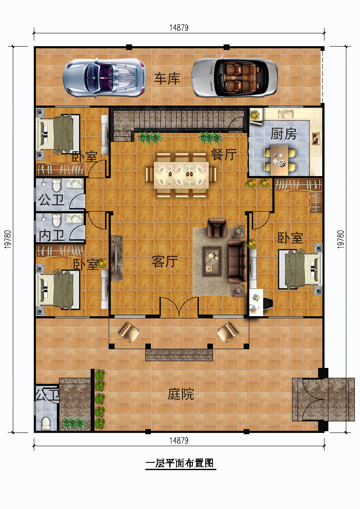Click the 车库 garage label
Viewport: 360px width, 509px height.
coord(167,79)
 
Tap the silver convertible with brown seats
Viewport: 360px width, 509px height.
coord(234,78)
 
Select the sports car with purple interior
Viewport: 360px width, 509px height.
coord(104,78)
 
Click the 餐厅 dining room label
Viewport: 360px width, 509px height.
coord(224,155)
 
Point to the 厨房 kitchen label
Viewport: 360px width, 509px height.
coord(283,134)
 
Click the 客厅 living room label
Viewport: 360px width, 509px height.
coord(165,261)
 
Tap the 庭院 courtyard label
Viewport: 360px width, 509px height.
coord(181,394)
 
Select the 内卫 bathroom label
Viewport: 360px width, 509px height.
coord(51,235)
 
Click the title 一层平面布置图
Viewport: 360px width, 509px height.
coord(180,463)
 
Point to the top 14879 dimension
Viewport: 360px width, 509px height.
coord(179,28)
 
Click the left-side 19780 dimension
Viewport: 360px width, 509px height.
coord(8,239)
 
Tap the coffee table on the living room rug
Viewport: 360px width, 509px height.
coord(212,261)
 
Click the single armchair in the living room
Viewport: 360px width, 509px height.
coord(217,227)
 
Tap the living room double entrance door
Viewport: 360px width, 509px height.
coord(179,307)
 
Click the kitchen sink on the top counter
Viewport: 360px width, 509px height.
coord(286,114)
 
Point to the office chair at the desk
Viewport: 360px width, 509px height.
coord(267,303)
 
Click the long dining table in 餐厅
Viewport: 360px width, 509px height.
coord(181,175)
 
